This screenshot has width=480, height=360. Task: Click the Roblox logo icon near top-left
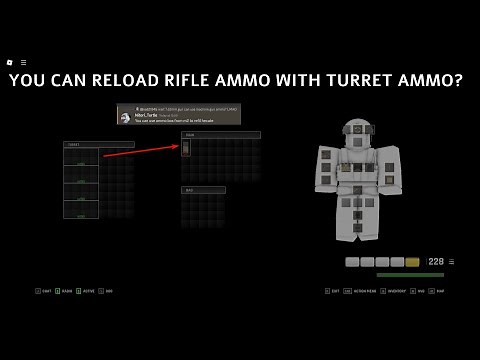click(10, 62)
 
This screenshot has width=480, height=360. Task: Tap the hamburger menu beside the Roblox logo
click(23, 62)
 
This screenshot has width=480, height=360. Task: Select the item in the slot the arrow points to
click(186, 148)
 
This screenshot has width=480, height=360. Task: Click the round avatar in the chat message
click(125, 117)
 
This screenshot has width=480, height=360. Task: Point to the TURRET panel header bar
click(99, 145)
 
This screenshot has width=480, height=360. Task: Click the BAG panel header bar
click(203, 189)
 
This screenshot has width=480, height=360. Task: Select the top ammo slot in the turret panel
click(81, 157)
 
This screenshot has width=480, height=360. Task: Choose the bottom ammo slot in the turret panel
click(81, 210)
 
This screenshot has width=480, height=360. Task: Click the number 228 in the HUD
click(436, 262)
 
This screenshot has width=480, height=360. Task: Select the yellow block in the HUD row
click(412, 262)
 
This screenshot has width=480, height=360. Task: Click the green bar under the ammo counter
click(410, 275)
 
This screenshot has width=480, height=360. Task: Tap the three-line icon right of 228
click(451, 262)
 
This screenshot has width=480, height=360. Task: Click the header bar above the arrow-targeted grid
click(220, 135)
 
